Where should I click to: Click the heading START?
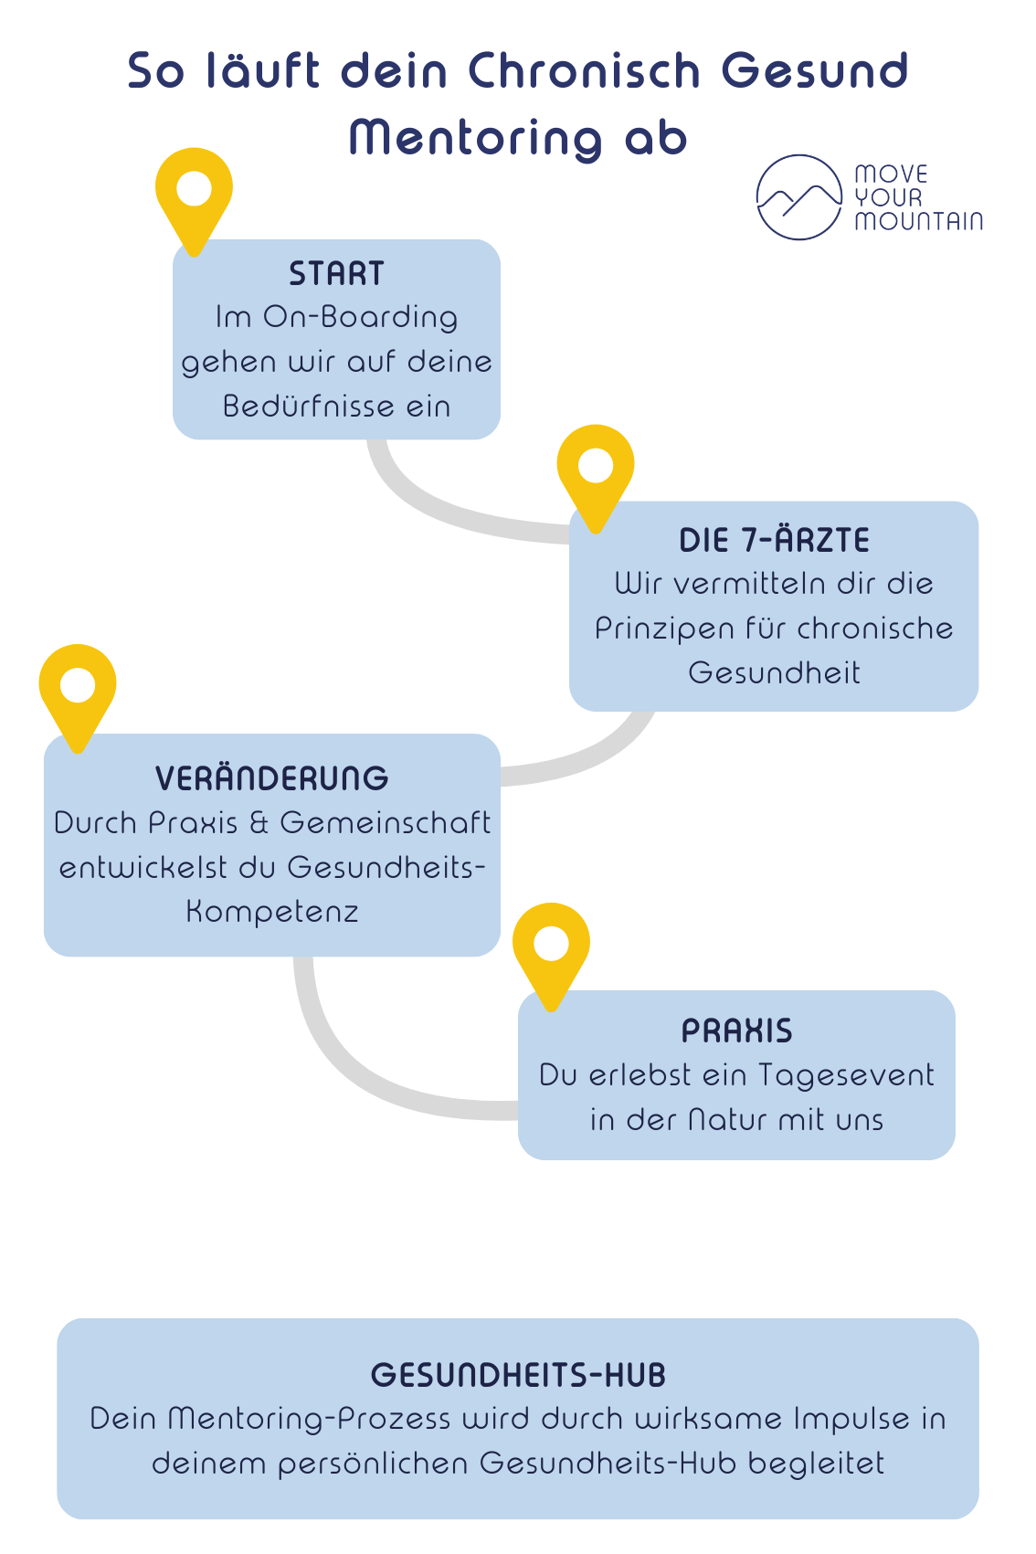(x=336, y=273)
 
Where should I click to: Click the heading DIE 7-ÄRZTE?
(x=774, y=540)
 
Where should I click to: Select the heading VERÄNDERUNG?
(x=272, y=777)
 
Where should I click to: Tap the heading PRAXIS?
(x=737, y=1031)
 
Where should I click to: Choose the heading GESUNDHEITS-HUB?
(x=518, y=1375)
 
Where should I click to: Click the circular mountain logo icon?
(x=798, y=197)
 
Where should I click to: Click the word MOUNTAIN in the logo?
(x=919, y=221)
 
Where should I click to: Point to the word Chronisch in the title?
(x=585, y=70)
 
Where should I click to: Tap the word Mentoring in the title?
(x=475, y=138)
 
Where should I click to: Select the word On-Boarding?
(x=360, y=317)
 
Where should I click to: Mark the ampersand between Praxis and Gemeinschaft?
(x=259, y=823)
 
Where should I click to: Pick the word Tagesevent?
(x=845, y=1076)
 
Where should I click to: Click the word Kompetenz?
(x=272, y=913)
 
